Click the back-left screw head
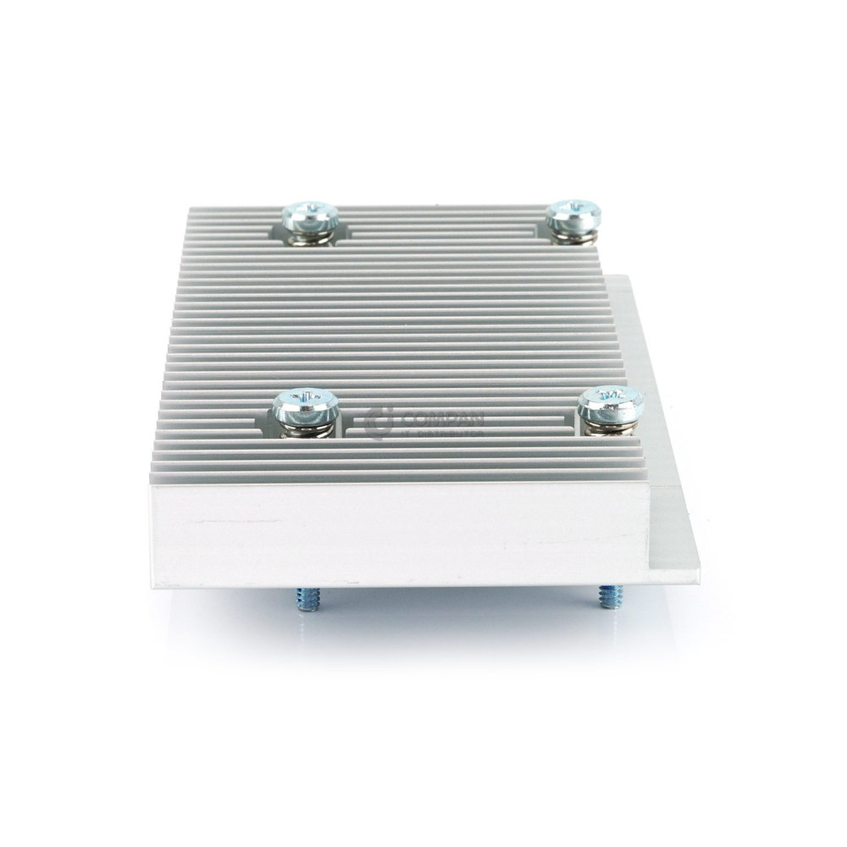(x=310, y=217)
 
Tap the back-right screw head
(x=573, y=215)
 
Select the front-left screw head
(x=306, y=405)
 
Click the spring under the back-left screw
(x=310, y=238)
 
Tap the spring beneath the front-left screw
(x=307, y=429)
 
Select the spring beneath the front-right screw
(x=608, y=427)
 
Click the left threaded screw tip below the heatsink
(x=308, y=600)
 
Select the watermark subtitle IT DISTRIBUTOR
(x=442, y=433)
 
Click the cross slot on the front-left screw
(x=307, y=395)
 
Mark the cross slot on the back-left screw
(x=311, y=208)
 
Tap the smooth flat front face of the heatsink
(x=398, y=534)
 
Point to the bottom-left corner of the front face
(x=153, y=584)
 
